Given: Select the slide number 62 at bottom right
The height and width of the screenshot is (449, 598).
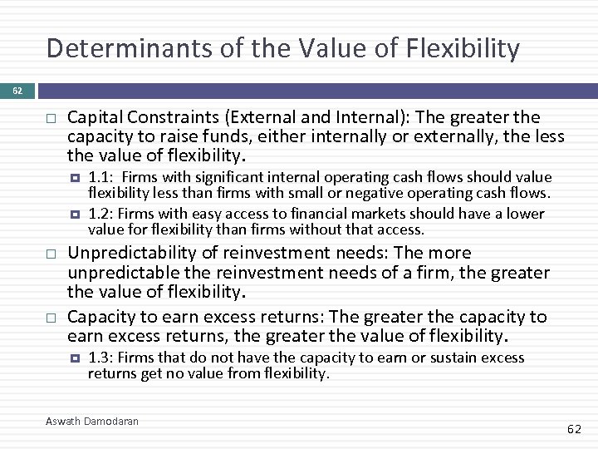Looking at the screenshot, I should [x=574, y=429].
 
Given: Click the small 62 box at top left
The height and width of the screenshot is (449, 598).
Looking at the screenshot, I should [x=17, y=91].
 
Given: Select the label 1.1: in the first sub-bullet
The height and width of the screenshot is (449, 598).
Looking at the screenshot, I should [x=100, y=177].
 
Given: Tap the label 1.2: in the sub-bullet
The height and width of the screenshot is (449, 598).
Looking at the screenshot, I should [x=100, y=214].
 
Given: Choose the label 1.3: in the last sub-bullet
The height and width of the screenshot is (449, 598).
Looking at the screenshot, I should [x=100, y=358].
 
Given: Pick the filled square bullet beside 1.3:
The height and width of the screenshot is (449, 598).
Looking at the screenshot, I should [x=75, y=358].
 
